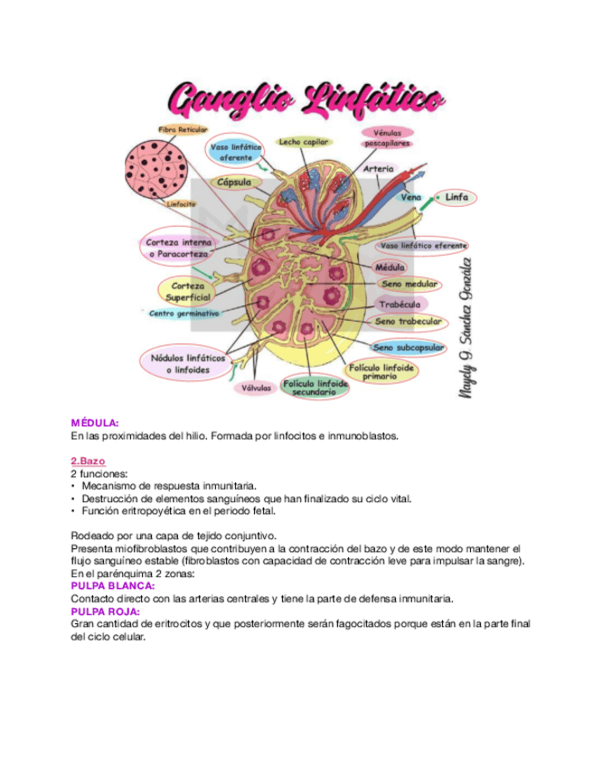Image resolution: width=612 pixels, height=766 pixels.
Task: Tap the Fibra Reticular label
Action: coord(183,130)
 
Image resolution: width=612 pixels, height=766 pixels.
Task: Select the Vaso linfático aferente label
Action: coord(236,152)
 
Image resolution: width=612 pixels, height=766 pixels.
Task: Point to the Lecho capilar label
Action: coord(303,142)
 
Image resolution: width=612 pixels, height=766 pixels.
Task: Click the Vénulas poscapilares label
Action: coord(387,137)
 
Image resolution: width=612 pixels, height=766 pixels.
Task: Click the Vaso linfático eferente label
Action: coord(423,246)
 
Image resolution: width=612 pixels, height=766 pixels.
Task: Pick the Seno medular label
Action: coord(409,285)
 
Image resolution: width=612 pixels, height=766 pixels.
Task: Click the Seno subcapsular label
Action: coord(408,347)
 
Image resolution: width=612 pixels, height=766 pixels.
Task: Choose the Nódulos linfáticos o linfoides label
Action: coord(187,364)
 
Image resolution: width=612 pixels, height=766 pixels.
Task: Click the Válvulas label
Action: coord(256,388)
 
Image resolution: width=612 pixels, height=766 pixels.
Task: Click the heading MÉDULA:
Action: coord(95,422)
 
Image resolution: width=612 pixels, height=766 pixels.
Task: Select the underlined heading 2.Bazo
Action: coord(88,461)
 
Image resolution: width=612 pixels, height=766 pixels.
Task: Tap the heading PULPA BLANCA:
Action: coord(112,585)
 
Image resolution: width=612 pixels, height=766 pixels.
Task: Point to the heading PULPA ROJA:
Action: coord(105,611)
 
